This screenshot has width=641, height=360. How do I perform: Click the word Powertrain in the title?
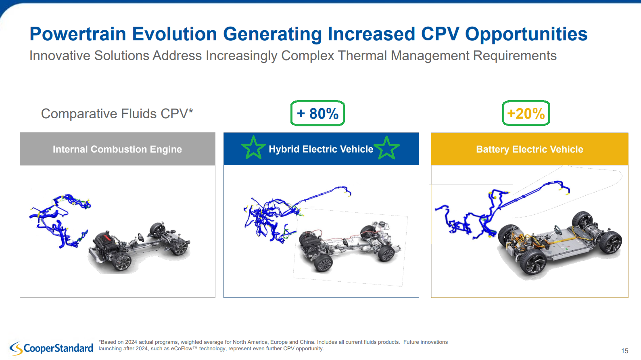78,34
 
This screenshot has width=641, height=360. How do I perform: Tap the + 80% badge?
317,113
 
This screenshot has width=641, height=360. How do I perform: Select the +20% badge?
526,113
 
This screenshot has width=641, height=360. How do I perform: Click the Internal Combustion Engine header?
117,149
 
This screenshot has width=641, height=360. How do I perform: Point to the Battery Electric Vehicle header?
529,149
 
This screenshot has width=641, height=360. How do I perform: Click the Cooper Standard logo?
52,348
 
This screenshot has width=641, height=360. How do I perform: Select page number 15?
625,351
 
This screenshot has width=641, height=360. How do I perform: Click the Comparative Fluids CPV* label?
117,114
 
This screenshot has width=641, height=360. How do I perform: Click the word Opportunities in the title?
526,34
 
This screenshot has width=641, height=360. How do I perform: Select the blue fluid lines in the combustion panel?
60,220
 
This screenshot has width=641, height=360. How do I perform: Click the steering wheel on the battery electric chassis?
558,229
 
